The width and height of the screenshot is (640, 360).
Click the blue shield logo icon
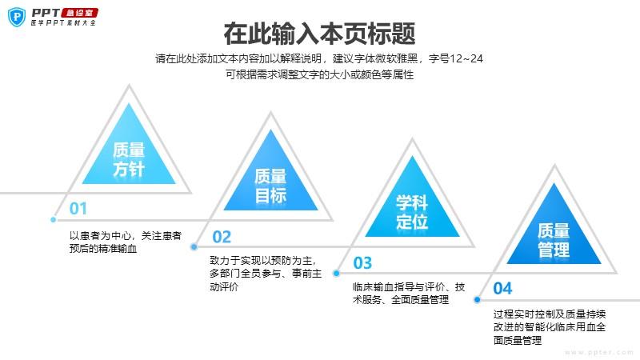tap(17, 17)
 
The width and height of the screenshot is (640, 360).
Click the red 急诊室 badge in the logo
tap(79, 13)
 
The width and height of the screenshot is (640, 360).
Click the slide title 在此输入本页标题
tap(319, 34)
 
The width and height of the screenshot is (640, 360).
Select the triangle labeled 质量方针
tap(129, 144)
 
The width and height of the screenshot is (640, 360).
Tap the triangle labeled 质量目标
tap(270, 170)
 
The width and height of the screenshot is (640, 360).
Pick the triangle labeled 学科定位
tap(412, 196)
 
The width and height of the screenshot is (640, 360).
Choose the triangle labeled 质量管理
tap(554, 223)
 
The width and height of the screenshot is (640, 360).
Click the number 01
tap(78, 209)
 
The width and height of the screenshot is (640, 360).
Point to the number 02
tap(222, 237)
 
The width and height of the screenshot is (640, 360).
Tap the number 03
tap(363, 263)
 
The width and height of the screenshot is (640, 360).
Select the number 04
tap(502, 289)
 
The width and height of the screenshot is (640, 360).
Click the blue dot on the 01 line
tap(53, 219)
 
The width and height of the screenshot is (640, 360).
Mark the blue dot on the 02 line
tap(194, 246)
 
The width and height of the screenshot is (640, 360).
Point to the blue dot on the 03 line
tap(336, 273)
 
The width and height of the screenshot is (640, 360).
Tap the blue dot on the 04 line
tap(477, 299)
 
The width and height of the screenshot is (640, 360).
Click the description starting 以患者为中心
tap(126, 242)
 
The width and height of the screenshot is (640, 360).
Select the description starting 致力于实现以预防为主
tap(266, 274)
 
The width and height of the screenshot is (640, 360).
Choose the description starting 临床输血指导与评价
tap(409, 293)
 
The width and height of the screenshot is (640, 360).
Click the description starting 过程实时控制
tap(550, 327)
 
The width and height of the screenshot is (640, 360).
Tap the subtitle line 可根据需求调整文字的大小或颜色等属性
tap(319, 74)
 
